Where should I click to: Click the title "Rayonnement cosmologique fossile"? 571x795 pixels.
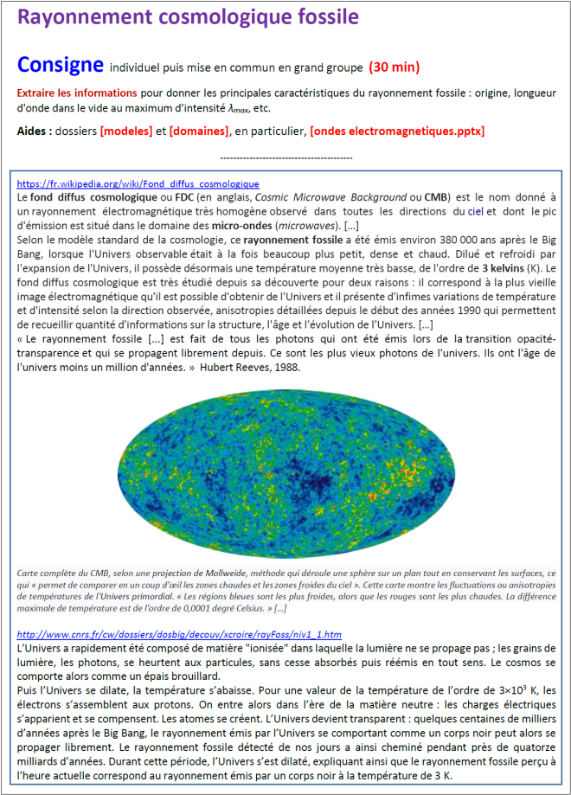(x=189, y=18)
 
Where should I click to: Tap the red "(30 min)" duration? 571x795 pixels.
(x=395, y=67)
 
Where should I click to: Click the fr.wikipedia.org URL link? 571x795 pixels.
(x=138, y=184)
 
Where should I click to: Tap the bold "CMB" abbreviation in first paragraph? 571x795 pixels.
(x=439, y=197)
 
